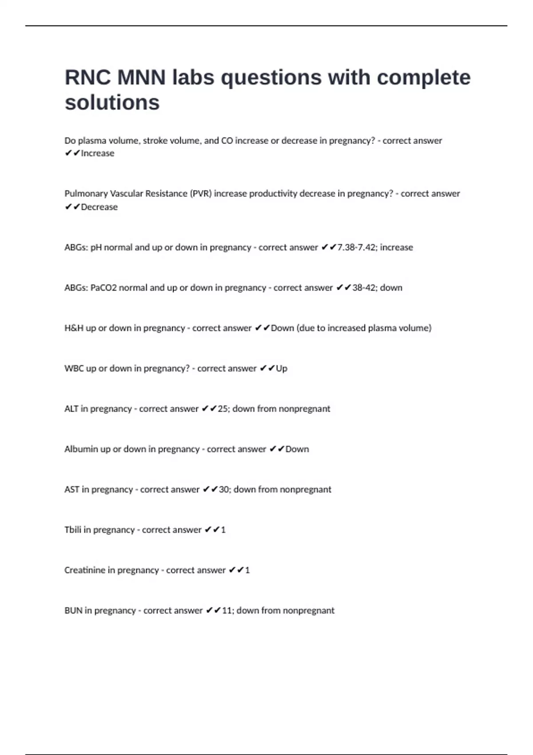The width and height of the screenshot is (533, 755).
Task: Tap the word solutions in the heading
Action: [x=112, y=103]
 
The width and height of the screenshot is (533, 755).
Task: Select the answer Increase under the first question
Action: [x=97, y=153]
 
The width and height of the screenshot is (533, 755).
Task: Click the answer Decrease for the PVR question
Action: [x=99, y=207]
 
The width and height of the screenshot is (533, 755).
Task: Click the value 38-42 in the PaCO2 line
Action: [x=364, y=288]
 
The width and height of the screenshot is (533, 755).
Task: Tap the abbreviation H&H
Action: [x=74, y=328]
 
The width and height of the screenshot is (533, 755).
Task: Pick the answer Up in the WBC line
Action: [x=282, y=369]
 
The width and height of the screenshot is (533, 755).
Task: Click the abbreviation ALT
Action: [x=71, y=409]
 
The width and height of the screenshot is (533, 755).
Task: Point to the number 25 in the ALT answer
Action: [x=223, y=409]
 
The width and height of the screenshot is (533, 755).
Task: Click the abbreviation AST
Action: [x=72, y=490]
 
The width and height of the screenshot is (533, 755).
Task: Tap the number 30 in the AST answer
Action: [x=224, y=490]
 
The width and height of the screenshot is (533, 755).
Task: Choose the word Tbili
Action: [x=72, y=530]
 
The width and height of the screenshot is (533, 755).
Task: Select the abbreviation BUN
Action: [x=73, y=611]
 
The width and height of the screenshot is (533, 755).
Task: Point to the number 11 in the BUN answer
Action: [x=227, y=611]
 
